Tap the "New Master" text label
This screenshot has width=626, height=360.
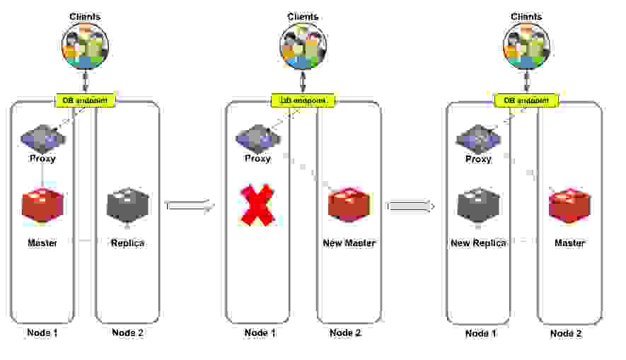tap(349, 243)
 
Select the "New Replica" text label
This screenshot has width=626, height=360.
tap(478, 243)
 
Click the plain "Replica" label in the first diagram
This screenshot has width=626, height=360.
tap(127, 243)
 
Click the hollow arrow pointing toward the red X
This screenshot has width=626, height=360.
tap(189, 205)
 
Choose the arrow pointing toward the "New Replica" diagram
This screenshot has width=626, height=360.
tap(410, 206)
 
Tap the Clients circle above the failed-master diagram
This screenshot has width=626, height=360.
tap(303, 47)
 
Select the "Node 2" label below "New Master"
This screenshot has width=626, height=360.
tap(346, 333)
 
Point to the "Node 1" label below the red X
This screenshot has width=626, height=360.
tap(257, 333)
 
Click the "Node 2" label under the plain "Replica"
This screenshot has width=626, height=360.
tap(127, 333)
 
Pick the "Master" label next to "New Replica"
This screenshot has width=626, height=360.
tap(569, 243)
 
